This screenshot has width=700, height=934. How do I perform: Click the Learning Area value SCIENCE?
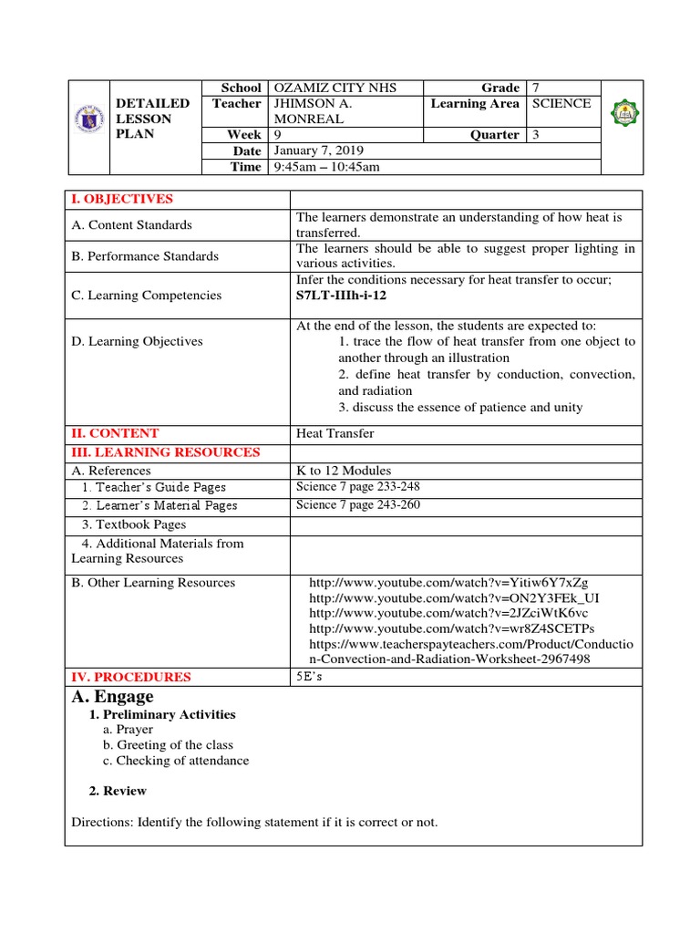561,104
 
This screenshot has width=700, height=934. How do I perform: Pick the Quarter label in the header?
498,135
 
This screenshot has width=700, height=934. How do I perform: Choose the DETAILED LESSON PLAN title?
153,119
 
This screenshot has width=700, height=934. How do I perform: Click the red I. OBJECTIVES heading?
122,199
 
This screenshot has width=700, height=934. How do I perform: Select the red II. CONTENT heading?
115,433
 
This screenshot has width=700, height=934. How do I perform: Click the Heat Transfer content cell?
335,433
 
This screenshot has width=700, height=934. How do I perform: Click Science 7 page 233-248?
358,487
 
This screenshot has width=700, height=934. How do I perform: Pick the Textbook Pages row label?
133,524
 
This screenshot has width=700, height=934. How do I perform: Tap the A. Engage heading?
112,697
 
